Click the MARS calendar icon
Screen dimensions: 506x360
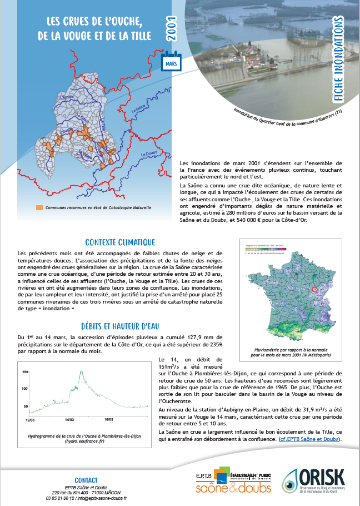click(x=170, y=60)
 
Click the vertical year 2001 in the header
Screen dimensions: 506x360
click(x=172, y=32)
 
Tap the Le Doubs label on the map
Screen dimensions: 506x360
click(x=149, y=153)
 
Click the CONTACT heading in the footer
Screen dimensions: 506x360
click(x=86, y=480)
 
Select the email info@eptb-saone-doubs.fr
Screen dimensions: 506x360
click(x=99, y=498)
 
